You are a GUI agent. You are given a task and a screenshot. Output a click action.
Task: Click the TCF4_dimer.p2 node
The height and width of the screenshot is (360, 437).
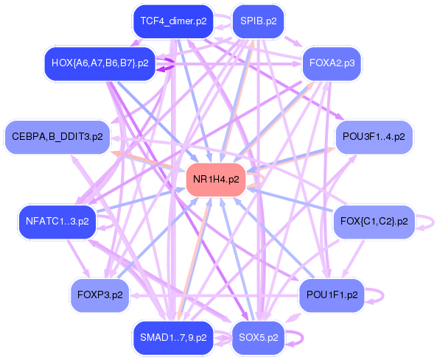[x=173, y=21]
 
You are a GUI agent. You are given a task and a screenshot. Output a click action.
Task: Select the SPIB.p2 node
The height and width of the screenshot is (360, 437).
[x=259, y=21]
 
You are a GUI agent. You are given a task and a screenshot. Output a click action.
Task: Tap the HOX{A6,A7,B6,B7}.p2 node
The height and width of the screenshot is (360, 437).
[x=99, y=63]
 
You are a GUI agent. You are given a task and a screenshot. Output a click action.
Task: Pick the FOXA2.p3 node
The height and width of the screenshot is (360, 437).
[x=332, y=63]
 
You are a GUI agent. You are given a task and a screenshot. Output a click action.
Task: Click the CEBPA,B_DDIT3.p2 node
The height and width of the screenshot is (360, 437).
[x=57, y=137]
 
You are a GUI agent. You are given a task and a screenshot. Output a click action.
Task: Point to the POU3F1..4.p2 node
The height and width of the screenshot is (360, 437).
[x=374, y=137]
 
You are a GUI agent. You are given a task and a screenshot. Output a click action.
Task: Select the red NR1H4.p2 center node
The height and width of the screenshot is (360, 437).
[x=216, y=180]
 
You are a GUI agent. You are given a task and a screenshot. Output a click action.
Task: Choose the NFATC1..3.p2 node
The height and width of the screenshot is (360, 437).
[x=57, y=222]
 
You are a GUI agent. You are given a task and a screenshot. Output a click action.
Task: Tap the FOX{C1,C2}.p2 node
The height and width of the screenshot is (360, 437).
[x=374, y=222]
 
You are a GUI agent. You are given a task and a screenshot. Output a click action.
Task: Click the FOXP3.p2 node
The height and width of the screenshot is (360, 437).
[x=99, y=295]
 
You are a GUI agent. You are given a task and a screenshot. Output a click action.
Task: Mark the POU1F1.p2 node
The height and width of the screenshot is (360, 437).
[x=332, y=295]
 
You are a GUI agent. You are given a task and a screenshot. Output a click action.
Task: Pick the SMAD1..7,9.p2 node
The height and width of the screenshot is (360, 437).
[x=173, y=338]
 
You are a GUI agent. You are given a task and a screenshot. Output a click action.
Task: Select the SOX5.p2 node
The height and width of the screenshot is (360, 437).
[x=259, y=338]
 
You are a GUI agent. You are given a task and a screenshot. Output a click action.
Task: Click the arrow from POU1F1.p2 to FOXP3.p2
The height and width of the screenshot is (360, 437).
[x=214, y=295]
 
